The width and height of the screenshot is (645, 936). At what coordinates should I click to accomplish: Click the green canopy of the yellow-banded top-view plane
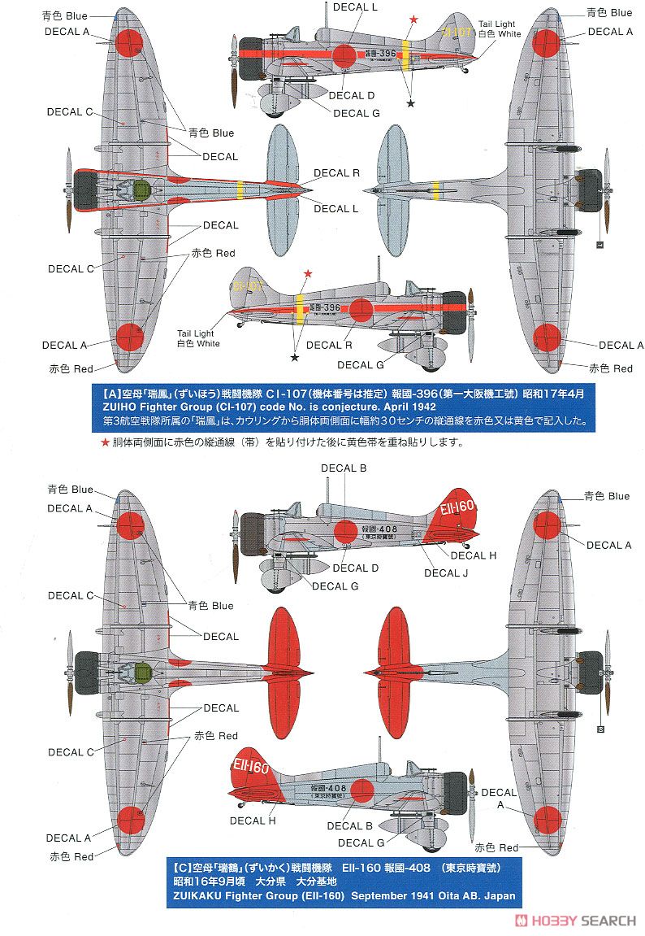[x=141, y=192]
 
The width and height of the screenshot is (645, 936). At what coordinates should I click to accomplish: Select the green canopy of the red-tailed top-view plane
[x=141, y=672]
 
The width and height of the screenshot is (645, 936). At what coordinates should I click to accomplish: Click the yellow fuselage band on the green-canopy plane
[x=240, y=192]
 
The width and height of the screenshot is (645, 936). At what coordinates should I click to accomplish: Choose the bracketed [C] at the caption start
[x=180, y=867]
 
